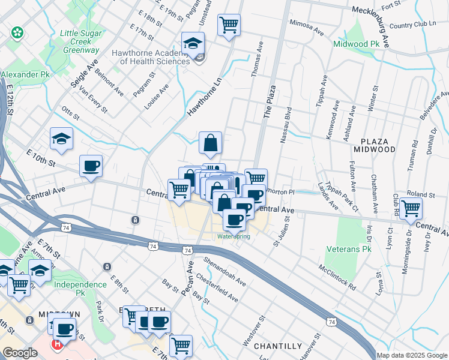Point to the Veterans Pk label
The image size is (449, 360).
(349, 248)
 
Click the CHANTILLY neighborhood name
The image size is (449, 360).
(277, 346)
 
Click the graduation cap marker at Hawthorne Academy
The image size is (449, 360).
(193, 43)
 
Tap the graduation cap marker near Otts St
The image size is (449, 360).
(62, 139)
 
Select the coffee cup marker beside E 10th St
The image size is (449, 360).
(91, 166)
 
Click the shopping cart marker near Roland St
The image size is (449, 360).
(411, 208)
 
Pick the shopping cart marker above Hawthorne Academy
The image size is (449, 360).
(229, 25)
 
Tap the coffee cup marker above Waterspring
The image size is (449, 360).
(234, 219)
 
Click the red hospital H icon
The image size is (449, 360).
(57, 345)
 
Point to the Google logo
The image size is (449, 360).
(20, 353)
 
